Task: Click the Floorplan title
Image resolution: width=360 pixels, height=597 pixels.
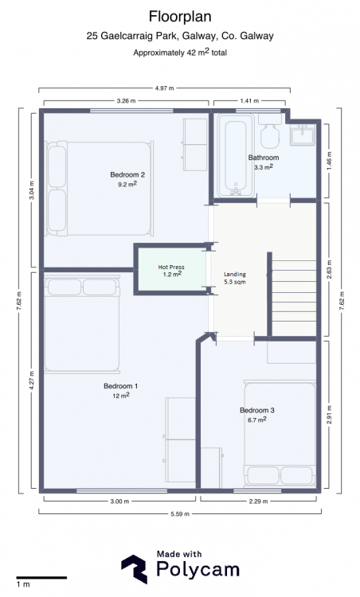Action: coord(180,18)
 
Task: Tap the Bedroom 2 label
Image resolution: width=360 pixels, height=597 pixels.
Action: coord(127,175)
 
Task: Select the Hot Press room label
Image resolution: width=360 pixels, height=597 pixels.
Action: coord(171,267)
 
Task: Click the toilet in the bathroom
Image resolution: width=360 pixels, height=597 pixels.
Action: coord(270,131)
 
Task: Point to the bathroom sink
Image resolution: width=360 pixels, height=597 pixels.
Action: coord(303,135)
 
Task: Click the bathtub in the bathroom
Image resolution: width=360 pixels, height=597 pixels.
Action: coord(236,155)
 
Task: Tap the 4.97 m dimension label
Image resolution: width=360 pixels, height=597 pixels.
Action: coord(164,88)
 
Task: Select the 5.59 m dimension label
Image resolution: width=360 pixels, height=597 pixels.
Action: coord(180,513)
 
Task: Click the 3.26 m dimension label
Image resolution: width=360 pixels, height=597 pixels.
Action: coord(126,101)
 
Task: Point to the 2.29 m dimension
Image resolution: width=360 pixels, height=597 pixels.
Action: coord(258,501)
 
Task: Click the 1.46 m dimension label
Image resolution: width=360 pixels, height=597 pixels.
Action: coord(329,161)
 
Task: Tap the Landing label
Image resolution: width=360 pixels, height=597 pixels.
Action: coord(235,274)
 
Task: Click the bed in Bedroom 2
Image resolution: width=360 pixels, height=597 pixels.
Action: coord(100,189)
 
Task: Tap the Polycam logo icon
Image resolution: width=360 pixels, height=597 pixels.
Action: coord(134,569)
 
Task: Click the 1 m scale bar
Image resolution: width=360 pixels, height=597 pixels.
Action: coord(41,578)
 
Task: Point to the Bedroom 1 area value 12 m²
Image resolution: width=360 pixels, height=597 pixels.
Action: coord(121,396)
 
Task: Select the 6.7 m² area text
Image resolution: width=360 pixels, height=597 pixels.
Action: coord(256,419)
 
